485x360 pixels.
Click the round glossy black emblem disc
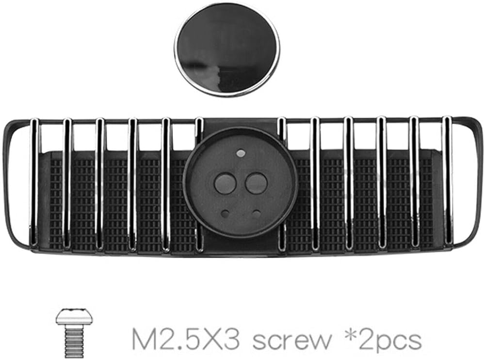226,49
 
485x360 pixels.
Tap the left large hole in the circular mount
226,184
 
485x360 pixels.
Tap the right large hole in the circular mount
256,184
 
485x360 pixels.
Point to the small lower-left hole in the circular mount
226,213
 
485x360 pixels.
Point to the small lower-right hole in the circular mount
257,213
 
